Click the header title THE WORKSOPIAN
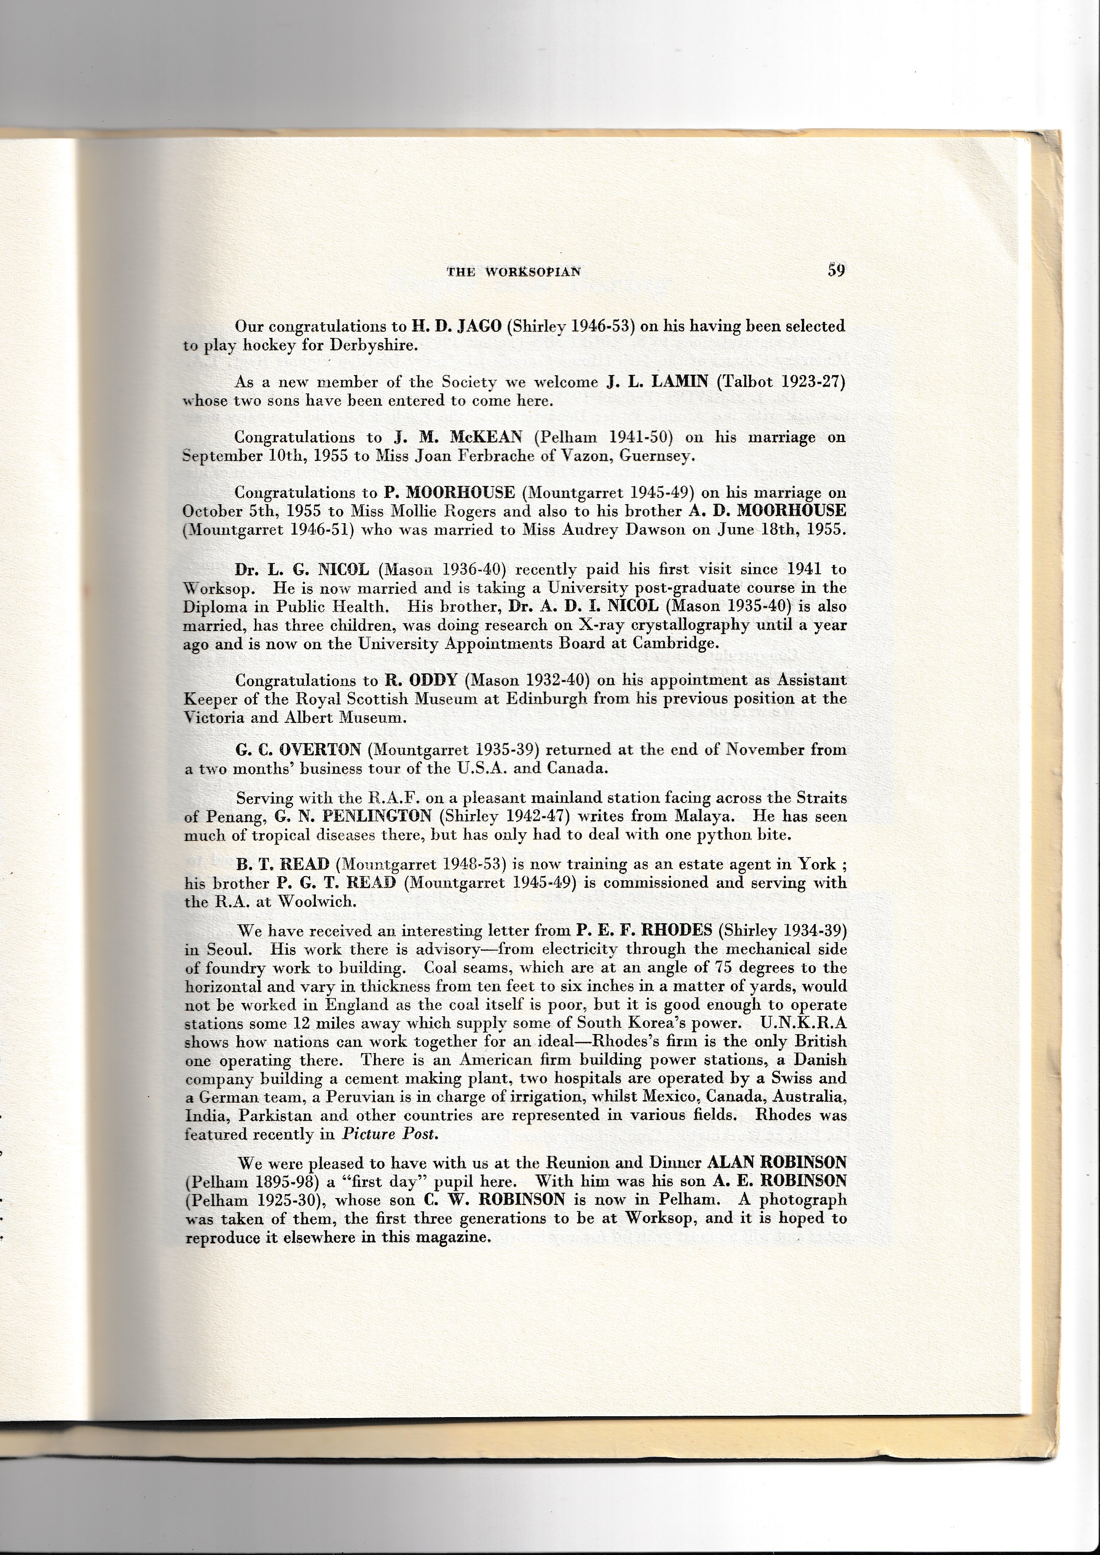pos(514,272)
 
